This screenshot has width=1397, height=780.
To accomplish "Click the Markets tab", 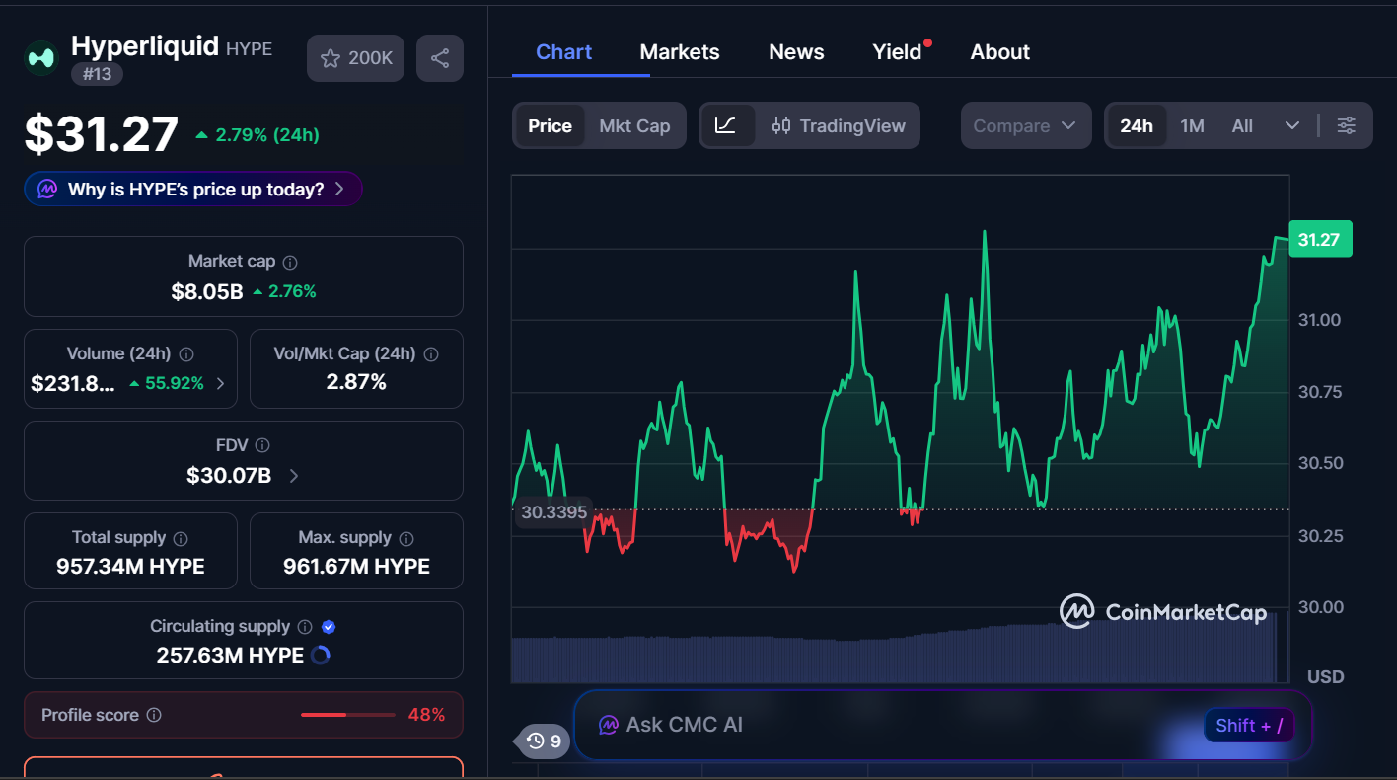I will [x=679, y=52].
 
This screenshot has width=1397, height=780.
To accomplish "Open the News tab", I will [x=796, y=52].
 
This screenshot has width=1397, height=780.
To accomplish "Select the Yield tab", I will [x=897, y=52].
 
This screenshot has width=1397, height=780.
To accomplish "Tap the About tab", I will [x=999, y=52].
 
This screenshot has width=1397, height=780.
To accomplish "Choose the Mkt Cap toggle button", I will [x=634, y=126].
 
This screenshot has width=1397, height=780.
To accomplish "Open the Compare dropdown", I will [x=1025, y=126].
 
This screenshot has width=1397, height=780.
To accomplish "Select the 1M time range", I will [x=1192, y=126].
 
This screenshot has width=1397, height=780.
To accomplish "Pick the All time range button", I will [x=1242, y=126].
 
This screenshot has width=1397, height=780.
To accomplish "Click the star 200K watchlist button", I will [x=355, y=58].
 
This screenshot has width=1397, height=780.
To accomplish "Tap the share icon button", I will [x=439, y=58].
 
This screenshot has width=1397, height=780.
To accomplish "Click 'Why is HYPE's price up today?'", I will [x=194, y=190].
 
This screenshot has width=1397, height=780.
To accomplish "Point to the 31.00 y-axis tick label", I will [x=1319, y=320].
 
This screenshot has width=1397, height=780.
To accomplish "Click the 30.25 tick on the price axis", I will [x=1319, y=536].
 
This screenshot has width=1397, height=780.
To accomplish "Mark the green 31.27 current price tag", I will [x=1319, y=239].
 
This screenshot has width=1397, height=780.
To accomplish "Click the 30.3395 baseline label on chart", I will [x=553, y=512].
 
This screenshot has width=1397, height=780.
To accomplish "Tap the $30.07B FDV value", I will [x=229, y=476].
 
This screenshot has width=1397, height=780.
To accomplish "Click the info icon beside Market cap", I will [x=290, y=263].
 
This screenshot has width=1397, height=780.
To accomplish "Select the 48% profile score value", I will [x=426, y=715].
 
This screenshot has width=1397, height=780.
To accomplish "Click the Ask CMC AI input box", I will [x=888, y=725].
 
